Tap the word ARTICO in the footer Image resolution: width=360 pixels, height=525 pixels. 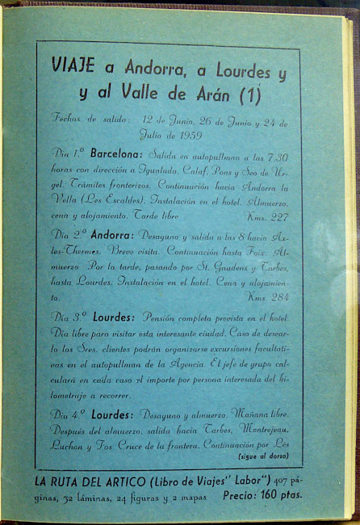click(x=123, y=482)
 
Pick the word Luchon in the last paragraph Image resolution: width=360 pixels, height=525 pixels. click(x=66, y=444)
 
